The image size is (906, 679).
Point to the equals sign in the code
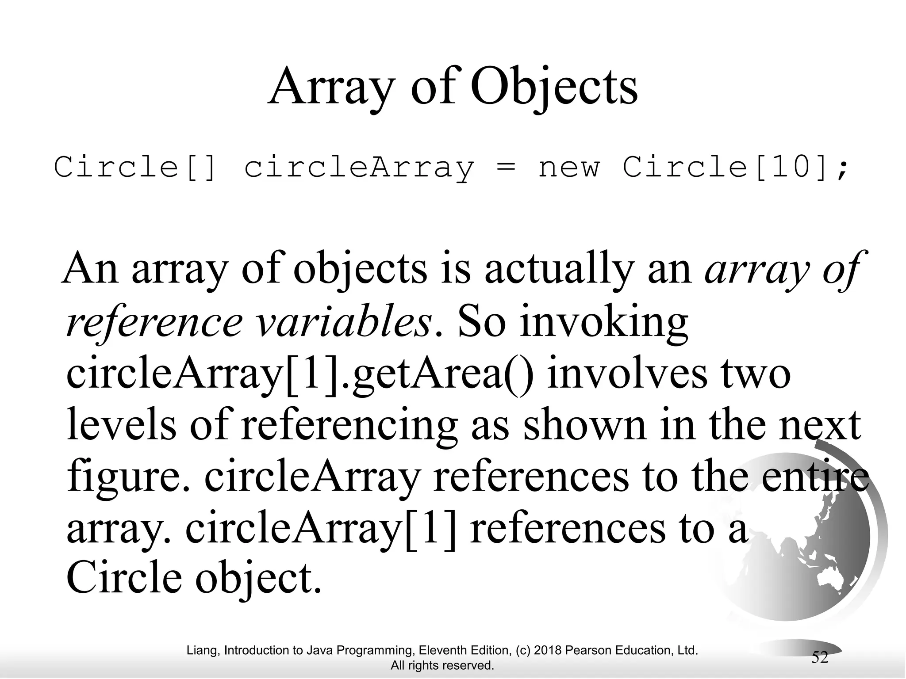click(x=506, y=168)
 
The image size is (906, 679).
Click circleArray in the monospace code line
click(x=359, y=168)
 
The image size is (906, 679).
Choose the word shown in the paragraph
click(x=584, y=425)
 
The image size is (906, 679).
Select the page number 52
click(x=819, y=657)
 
